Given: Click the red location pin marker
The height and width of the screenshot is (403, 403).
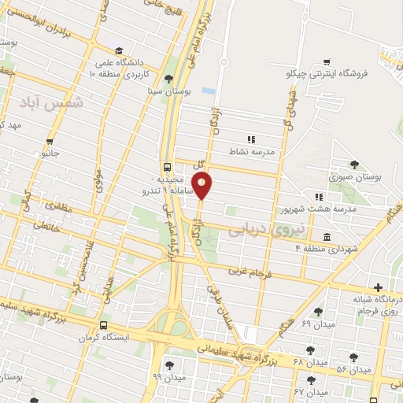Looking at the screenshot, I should [x=202, y=185].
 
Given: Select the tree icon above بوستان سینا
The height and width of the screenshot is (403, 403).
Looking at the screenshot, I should [x=168, y=78].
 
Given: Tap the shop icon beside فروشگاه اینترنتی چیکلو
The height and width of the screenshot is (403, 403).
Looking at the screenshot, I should [x=326, y=61].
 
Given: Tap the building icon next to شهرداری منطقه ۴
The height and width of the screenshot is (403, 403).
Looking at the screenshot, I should [x=327, y=237].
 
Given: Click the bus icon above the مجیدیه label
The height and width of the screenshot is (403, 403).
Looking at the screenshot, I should [x=167, y=167].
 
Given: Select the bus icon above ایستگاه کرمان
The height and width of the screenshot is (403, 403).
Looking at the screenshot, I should [x=103, y=325].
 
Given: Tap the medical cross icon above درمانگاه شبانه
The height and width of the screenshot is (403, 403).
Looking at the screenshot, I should [x=379, y=287].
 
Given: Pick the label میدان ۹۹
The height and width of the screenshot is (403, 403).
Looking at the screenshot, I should [x=168, y=379].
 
